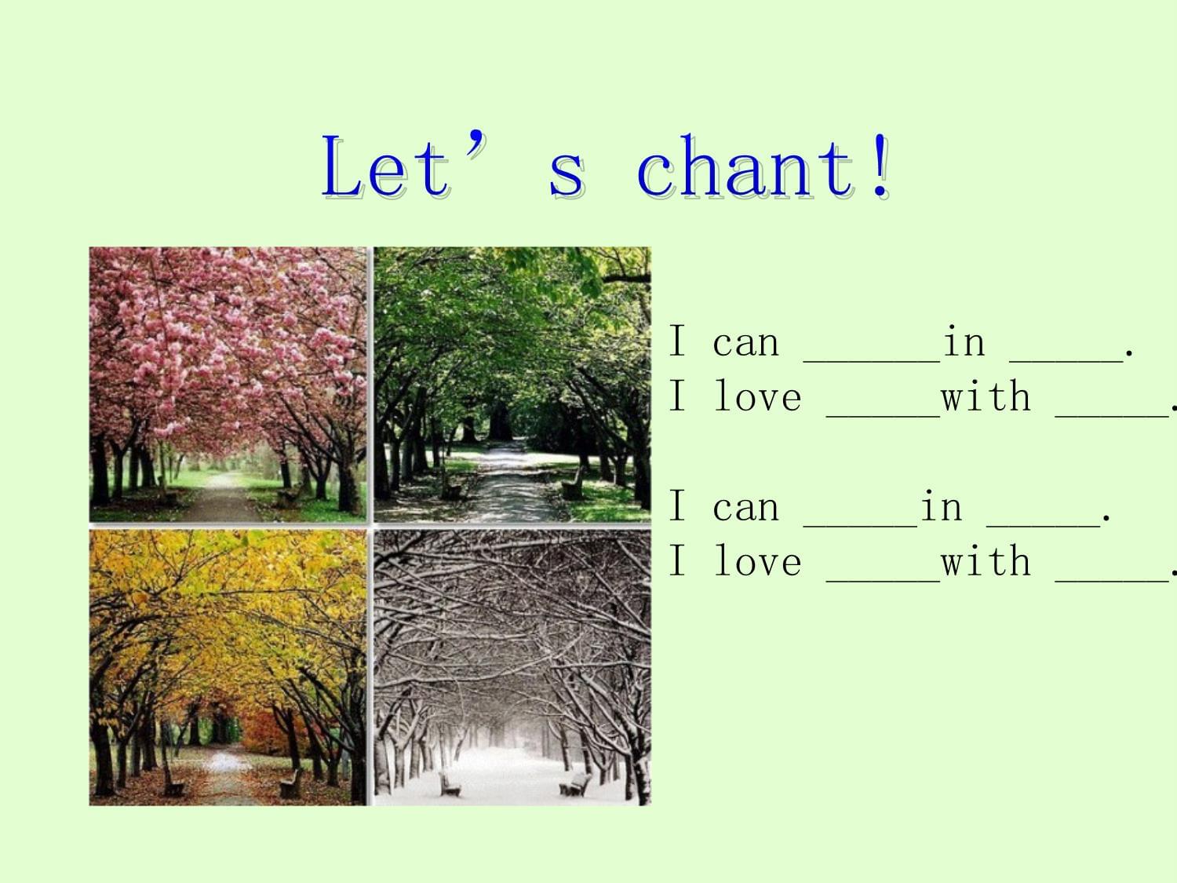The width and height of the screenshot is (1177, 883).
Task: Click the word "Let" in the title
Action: (385, 166)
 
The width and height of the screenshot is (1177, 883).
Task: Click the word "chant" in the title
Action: (745, 166)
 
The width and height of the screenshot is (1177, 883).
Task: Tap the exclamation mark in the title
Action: (881, 165)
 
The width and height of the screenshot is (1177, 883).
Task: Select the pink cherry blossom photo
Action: (228, 384)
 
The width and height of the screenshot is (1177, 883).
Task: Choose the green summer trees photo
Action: (512, 384)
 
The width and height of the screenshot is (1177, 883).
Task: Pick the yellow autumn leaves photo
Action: (228, 667)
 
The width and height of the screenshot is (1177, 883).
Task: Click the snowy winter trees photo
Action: (512, 667)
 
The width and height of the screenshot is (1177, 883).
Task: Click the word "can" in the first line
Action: (745, 344)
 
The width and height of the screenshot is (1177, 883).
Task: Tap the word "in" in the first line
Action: (964, 341)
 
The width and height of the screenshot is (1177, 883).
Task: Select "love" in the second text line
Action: (758, 396)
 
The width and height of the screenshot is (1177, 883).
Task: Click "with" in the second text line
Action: (986, 396)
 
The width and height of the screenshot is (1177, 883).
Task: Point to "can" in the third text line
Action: (745, 508)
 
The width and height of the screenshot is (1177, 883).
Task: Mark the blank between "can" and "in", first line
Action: (872, 362)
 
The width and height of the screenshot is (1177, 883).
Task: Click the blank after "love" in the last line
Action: (884, 580)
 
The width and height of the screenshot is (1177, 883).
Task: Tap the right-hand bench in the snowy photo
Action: (575, 784)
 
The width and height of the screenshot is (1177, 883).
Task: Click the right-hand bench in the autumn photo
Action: (290, 785)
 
